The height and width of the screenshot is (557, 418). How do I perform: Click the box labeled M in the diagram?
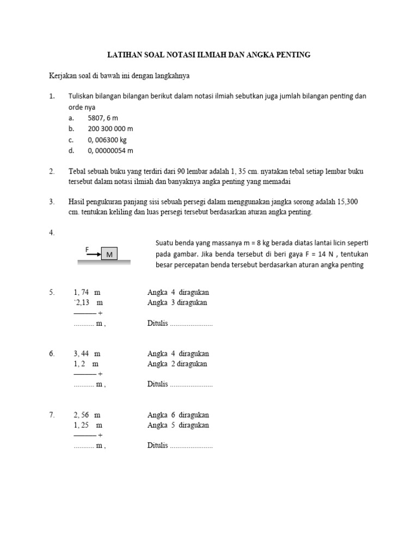pyautogui.click(x=110, y=253)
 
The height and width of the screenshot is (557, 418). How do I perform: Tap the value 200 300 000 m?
pyautogui.click(x=110, y=129)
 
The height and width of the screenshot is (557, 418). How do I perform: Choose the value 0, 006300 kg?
pyautogui.click(x=107, y=140)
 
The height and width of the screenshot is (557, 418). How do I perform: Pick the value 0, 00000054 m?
pyautogui.click(x=110, y=151)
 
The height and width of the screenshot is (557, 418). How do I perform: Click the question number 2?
pyautogui.click(x=52, y=171)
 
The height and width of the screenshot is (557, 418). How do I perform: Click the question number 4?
pyautogui.click(x=52, y=232)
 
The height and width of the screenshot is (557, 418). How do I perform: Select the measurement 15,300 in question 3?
pyautogui.click(x=347, y=202)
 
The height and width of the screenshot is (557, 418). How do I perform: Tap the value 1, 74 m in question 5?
pyautogui.click(x=87, y=292)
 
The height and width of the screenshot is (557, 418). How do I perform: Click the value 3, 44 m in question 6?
pyautogui.click(x=87, y=354)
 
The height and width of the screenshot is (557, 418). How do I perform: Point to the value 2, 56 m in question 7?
pyautogui.click(x=87, y=415)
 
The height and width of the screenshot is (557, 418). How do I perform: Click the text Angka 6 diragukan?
pyautogui.click(x=178, y=415)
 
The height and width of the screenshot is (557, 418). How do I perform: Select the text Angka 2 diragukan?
pyautogui.click(x=178, y=364)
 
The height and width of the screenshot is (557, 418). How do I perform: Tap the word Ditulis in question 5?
pyautogui.click(x=157, y=323)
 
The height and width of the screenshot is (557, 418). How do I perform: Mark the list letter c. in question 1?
pyautogui.click(x=71, y=140)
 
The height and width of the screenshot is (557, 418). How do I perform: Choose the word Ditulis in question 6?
pyautogui.click(x=157, y=385)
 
